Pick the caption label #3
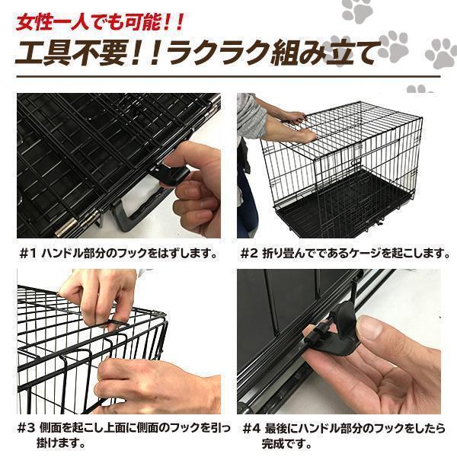point(29,428)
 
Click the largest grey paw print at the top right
point(442,53)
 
